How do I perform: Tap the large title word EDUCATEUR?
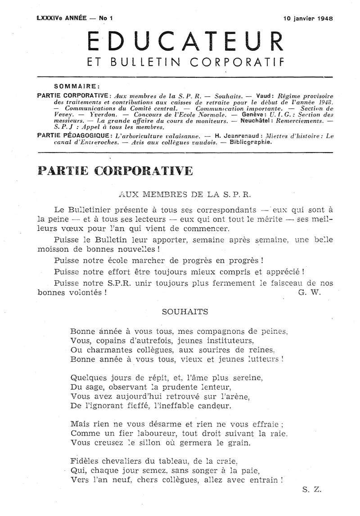point(185,42)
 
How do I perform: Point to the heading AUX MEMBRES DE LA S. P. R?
point(184,195)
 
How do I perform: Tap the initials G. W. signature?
point(308,292)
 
